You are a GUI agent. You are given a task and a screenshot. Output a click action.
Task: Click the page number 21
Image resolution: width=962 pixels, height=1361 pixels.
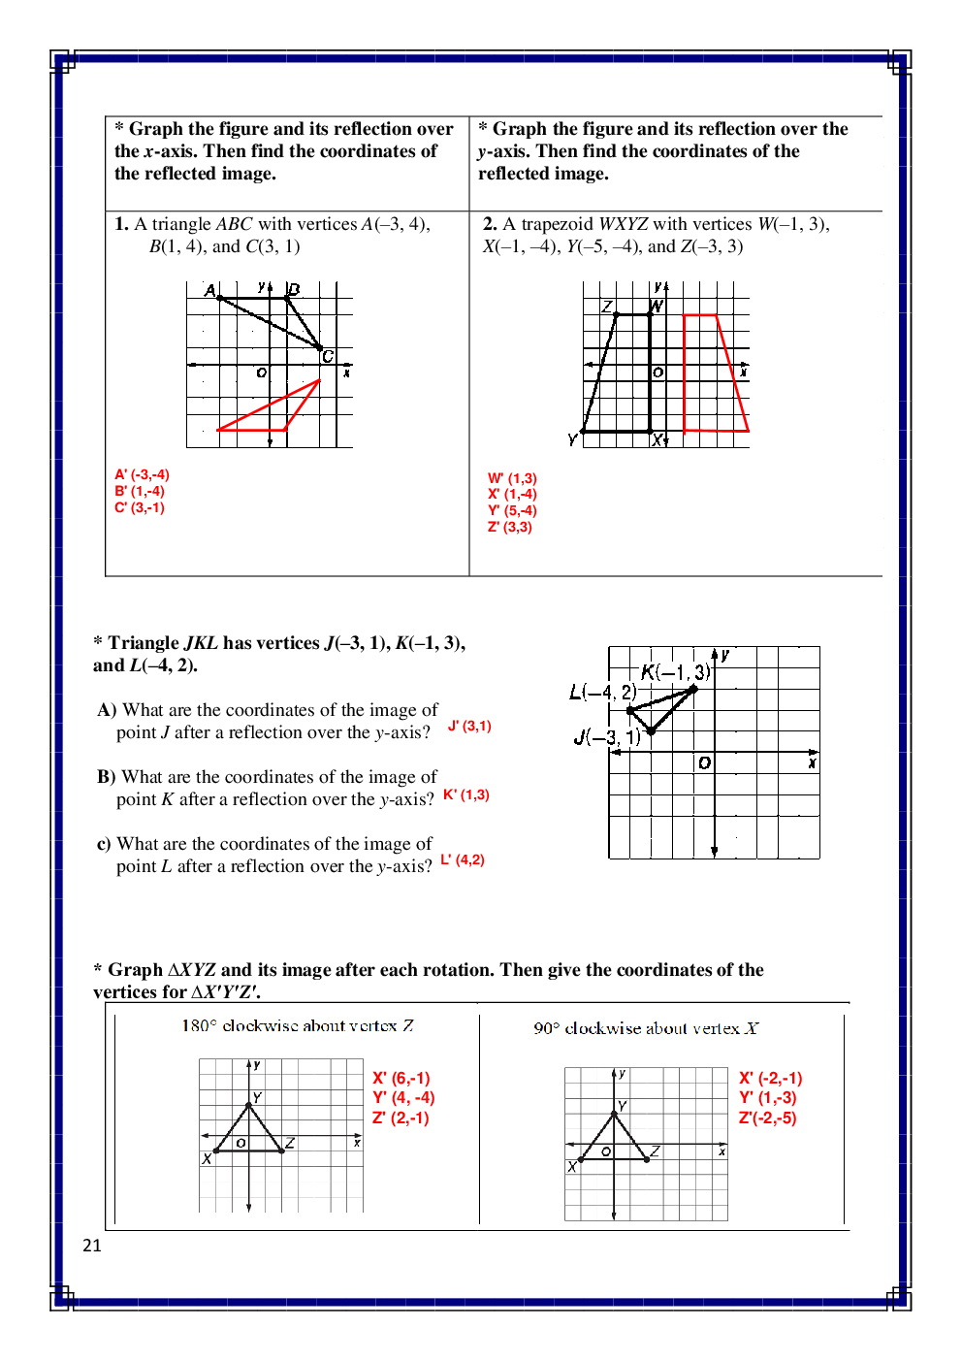tap(92, 1246)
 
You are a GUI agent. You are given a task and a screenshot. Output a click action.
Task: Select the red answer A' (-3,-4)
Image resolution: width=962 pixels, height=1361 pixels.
tap(142, 474)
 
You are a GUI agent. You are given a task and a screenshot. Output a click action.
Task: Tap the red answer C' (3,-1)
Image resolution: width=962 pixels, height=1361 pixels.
tap(140, 507)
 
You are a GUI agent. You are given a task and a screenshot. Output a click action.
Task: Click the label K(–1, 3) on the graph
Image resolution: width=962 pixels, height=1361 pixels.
tap(675, 672)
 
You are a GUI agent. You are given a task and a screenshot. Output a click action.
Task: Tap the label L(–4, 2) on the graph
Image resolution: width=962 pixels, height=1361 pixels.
tap(602, 692)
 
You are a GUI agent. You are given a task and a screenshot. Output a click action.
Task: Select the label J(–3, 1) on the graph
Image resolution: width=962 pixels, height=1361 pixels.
tap(606, 737)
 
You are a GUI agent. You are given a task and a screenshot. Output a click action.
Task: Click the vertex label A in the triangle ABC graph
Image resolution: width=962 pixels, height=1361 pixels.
tap(209, 290)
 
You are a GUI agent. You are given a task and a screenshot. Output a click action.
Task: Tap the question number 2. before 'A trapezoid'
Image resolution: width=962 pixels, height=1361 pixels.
tap(490, 224)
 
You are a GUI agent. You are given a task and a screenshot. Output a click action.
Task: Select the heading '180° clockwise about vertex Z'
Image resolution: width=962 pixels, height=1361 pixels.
tap(298, 1025)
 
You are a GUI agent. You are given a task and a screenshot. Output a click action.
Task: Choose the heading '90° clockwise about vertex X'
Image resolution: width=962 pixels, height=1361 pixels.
tap(646, 1028)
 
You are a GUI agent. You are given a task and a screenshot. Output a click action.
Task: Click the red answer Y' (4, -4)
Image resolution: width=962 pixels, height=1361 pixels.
tap(403, 1097)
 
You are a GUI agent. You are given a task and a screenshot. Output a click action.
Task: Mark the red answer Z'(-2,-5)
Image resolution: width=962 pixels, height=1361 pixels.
tap(767, 1118)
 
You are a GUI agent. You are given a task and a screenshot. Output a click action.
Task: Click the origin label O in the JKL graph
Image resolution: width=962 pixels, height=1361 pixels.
tap(704, 763)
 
